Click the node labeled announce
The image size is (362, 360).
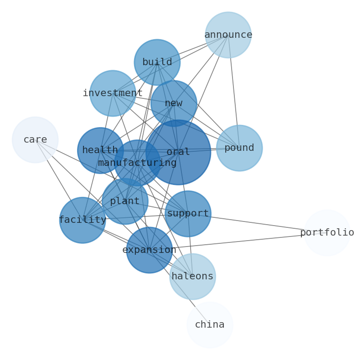coord(228,35)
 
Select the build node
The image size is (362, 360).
coord(157,62)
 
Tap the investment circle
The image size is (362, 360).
coord(113,93)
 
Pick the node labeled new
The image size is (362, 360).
coord(174,103)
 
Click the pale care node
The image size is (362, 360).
coord(35,140)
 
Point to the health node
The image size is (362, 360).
coord(100,150)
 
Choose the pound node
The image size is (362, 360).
coord(239,148)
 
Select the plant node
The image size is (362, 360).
coord(125,201)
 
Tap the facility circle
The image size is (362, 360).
coord(83,220)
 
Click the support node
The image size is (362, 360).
coord(188,214)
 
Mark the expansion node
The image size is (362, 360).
coord(150,250)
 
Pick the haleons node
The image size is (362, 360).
coord(192,277)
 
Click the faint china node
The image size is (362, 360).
coord(210,325)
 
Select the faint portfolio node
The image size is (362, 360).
coord(327,233)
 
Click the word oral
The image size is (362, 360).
coord(178,152)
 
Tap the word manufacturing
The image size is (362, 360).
coord(137,163)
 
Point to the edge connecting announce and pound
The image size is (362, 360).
coord(233,91)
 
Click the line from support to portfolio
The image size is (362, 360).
coord(258,223)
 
